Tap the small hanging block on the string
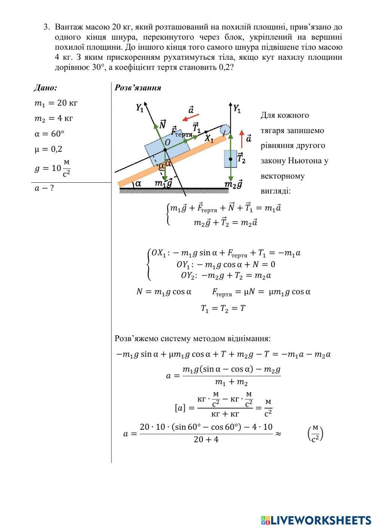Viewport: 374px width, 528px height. click(x=230, y=159)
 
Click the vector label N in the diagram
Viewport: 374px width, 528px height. click(x=163, y=124)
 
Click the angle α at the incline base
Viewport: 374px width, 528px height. click(x=138, y=183)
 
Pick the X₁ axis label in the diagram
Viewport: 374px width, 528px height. click(x=209, y=139)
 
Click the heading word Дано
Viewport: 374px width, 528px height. click(x=45, y=88)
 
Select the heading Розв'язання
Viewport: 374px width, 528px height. click(x=138, y=88)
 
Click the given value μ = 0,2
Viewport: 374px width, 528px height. click(x=48, y=149)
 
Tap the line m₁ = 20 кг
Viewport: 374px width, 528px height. click(x=56, y=103)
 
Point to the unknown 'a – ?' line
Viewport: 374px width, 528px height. click(x=44, y=188)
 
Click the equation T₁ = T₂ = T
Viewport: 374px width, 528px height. click(x=223, y=309)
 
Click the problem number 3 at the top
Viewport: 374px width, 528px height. click(x=46, y=27)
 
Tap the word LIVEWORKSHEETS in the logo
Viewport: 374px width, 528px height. click(x=321, y=520)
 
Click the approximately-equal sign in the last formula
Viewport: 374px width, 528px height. click(x=278, y=433)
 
